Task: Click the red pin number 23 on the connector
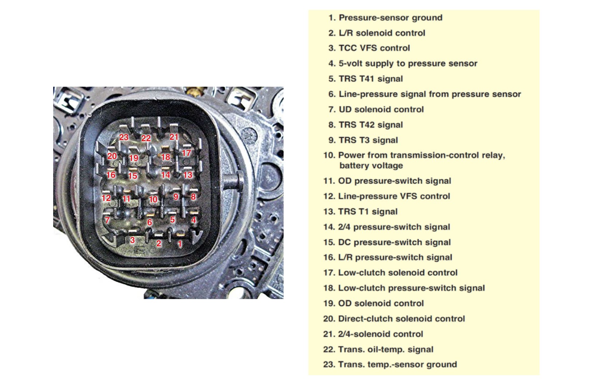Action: pos(124,137)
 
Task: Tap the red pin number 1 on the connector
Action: pos(180,244)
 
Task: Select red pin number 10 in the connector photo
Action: pos(153,199)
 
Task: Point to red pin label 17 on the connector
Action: pos(186,153)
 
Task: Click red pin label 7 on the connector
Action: pos(107,220)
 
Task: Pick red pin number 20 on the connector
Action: pos(112,156)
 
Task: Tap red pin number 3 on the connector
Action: pos(133,240)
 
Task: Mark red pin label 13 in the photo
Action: pos(187,175)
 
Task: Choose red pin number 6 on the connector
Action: pos(150,222)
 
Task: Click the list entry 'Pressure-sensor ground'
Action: pos(390,18)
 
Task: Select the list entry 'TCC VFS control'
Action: pos(374,48)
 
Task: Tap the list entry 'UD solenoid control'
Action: pos(381,109)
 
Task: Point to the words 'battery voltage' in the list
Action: pos(371,165)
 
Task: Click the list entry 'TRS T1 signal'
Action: pos(368,212)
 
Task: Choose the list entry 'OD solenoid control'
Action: pos(381,303)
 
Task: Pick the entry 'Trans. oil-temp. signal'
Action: pos(386,349)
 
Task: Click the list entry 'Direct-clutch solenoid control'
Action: pos(402,319)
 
